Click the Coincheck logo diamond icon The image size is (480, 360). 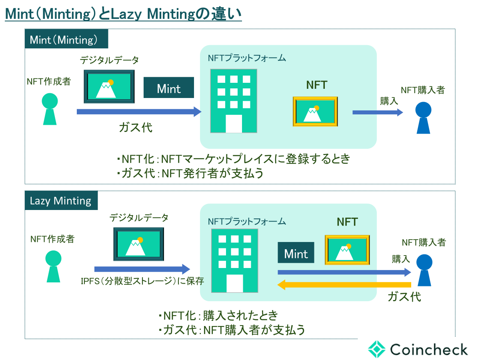pyautogui.click(x=377, y=349)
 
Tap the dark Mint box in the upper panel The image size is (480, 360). pyautogui.click(x=169, y=88)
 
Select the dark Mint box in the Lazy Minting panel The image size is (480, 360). pyautogui.click(x=296, y=254)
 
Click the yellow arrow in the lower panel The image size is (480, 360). pyautogui.click(x=345, y=285)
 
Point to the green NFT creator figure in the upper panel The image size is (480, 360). pyautogui.click(x=50, y=109)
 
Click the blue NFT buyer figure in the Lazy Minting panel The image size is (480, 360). pyautogui.click(x=424, y=270)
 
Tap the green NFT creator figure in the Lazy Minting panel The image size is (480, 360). pyautogui.click(x=53, y=266)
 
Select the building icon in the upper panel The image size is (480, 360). pyautogui.click(x=234, y=101)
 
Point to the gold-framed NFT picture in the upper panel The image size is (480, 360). pyautogui.click(x=315, y=111)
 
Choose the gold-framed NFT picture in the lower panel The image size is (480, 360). pyautogui.click(x=347, y=249)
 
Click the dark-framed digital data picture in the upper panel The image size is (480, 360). pyautogui.click(x=109, y=86)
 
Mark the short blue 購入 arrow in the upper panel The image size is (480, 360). pyautogui.click(x=377, y=112)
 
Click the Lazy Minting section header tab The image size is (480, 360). pyautogui.click(x=61, y=200)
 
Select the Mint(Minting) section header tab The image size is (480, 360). pyautogui.click(x=66, y=40)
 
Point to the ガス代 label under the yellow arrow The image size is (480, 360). pyautogui.click(x=404, y=297)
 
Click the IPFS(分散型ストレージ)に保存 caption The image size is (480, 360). pyautogui.click(x=142, y=281)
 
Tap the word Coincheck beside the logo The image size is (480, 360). pyautogui.click(x=428, y=349)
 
